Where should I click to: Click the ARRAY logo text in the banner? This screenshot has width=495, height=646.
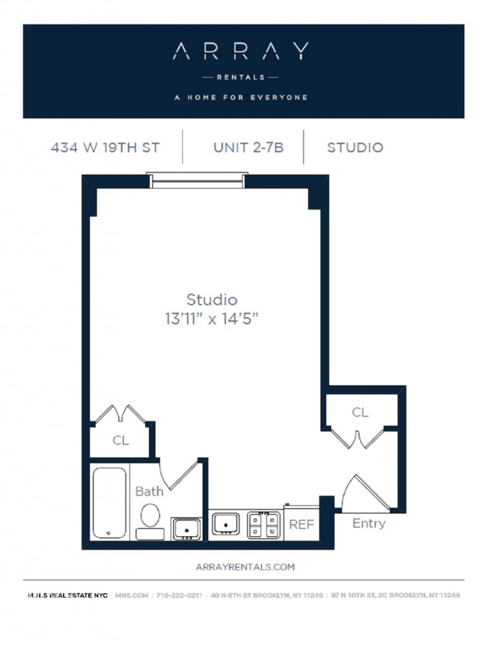(240, 51)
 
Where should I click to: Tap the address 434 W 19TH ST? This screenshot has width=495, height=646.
(105, 148)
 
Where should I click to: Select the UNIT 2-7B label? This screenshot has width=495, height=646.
(248, 148)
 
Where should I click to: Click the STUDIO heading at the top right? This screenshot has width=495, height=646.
(355, 148)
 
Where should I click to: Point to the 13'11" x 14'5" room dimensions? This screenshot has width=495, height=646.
(212, 319)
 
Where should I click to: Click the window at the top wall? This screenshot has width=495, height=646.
(197, 181)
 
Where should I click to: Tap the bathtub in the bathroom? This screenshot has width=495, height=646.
(109, 503)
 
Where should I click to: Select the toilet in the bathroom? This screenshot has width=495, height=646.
(150, 521)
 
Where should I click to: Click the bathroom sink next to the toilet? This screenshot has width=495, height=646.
(187, 529)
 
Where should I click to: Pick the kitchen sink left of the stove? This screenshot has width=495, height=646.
(225, 524)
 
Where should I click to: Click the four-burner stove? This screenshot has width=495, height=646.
(263, 525)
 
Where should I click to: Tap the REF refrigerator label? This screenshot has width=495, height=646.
(301, 524)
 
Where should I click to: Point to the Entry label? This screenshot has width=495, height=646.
(369, 523)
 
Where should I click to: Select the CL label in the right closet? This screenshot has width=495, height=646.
(360, 413)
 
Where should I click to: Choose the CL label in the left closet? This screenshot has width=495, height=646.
(120, 440)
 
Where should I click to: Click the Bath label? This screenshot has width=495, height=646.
(149, 491)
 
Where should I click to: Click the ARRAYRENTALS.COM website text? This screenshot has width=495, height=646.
(245, 567)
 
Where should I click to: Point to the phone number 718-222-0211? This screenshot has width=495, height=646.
(179, 596)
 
